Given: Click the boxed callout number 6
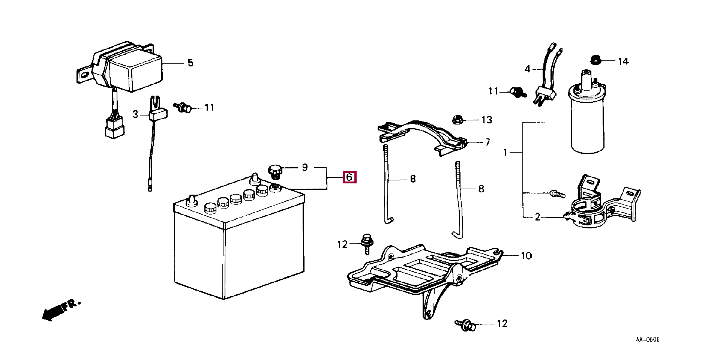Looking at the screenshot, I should pos(349,177).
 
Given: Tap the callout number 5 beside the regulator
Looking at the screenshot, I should pos(190,63).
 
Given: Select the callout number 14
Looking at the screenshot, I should pos(623,61).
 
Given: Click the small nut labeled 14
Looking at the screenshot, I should pos(595,60).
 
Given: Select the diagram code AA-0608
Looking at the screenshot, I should pos(647,339).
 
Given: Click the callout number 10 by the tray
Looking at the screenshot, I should pos(526,256).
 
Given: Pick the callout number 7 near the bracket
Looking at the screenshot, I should pos(487,142).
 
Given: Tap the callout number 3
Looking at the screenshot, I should pos(135,114).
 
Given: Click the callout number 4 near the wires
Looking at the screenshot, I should pos(527,69).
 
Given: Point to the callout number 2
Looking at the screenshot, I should pos(537,217).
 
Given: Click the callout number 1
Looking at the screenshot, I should pos(505,152).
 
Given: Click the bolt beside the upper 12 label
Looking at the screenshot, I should pos(366,243).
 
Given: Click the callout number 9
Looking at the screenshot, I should pos(304,167).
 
